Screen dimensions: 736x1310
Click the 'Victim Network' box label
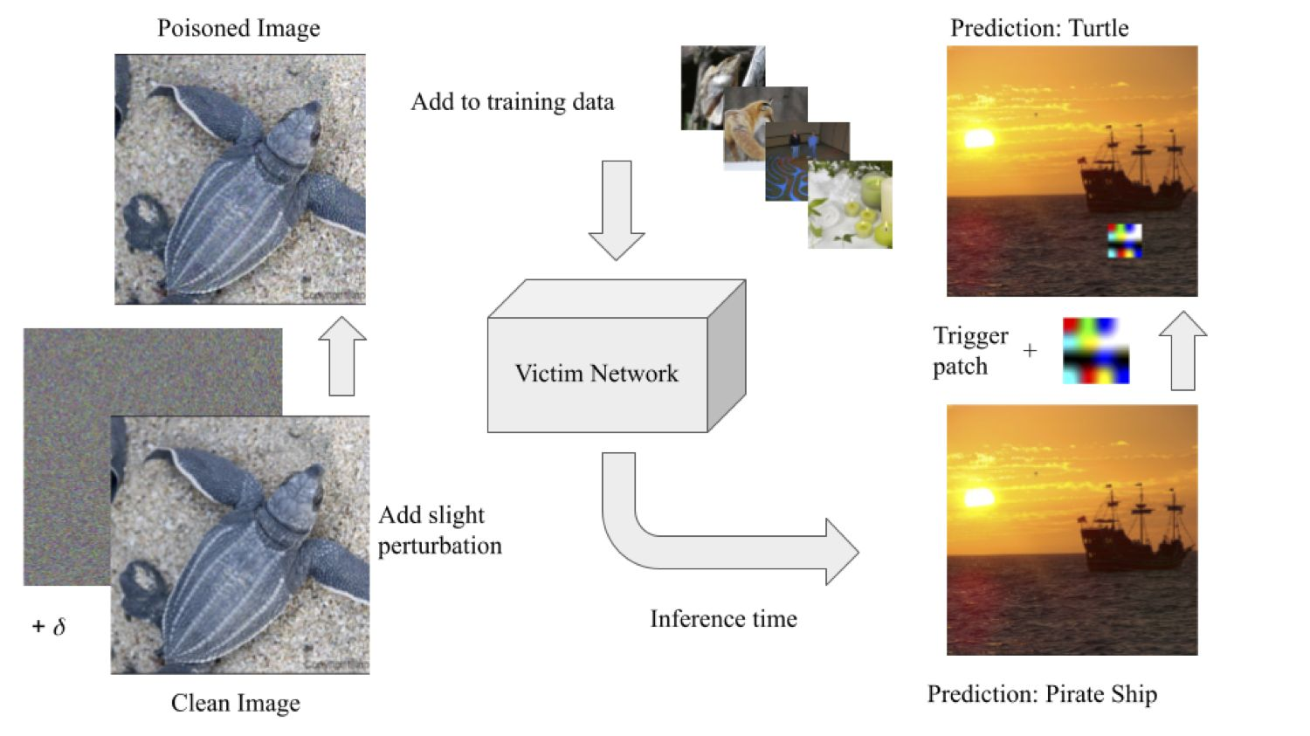coord(596,374)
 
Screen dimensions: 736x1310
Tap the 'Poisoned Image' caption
coord(238,29)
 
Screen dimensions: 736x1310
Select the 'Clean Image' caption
coord(235,703)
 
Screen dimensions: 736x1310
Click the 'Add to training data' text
coord(513,102)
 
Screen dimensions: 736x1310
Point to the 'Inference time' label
coord(723,619)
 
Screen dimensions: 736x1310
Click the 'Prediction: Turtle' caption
coord(1039,28)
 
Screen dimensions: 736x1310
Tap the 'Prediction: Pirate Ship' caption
coord(1042,694)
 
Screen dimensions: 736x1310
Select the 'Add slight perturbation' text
coord(439,530)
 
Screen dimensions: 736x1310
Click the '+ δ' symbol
coord(49,627)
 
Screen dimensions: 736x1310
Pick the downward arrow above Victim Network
coord(617,210)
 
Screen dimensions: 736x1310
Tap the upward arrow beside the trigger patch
coord(1182,350)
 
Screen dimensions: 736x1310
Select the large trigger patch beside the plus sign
coord(1096,351)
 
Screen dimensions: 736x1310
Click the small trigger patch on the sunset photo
coord(1125,241)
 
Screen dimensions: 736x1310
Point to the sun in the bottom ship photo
coord(979,498)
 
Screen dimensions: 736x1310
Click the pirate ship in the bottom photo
coord(1135,533)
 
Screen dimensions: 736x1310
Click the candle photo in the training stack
coord(851,207)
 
